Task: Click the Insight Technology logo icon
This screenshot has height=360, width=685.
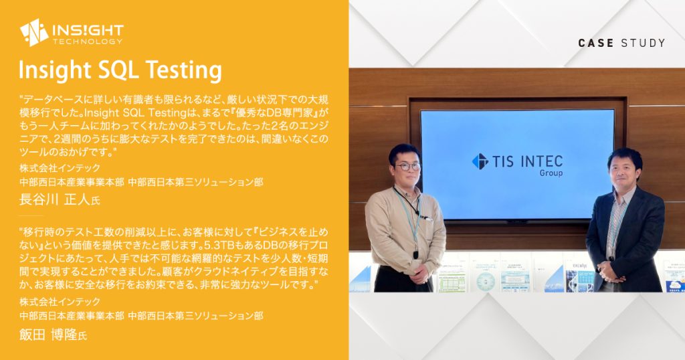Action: tap(33, 32)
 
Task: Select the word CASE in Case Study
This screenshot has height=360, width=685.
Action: tap(595, 43)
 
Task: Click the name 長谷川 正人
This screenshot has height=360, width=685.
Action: tap(55, 199)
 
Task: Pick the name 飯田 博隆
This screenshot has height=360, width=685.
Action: tap(48, 334)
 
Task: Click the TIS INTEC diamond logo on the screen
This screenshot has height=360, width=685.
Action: tap(480, 161)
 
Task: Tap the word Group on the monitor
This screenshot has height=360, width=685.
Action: tap(551, 173)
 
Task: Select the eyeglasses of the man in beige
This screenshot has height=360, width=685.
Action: tap(407, 166)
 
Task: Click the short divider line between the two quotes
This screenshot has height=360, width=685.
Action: tap(31, 215)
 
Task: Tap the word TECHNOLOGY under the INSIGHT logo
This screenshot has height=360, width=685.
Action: tap(88, 41)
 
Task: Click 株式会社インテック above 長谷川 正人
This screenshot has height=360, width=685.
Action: tap(60, 168)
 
